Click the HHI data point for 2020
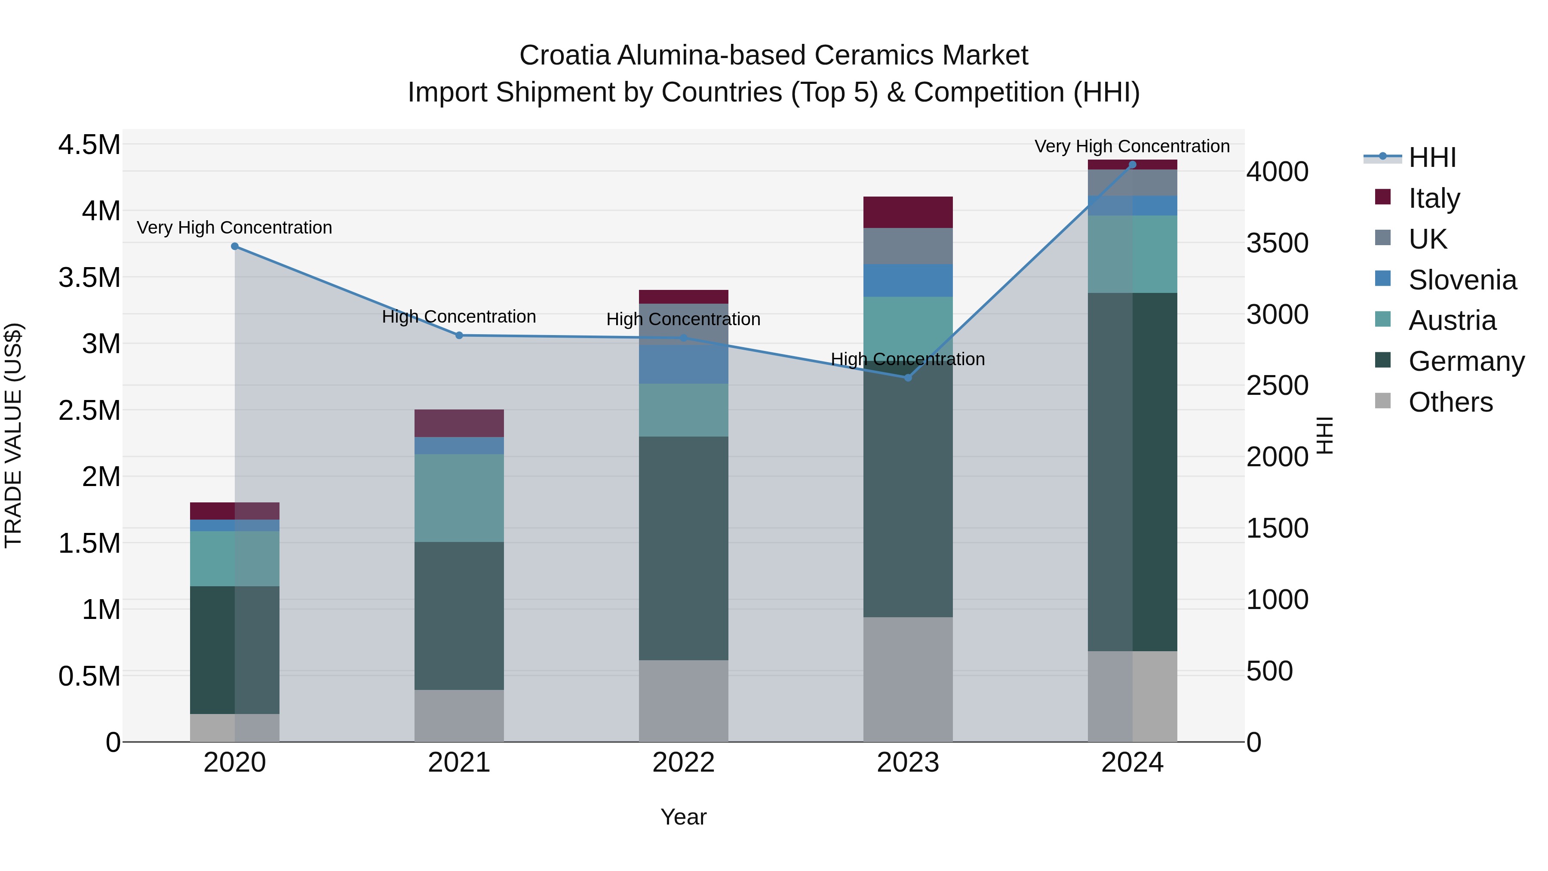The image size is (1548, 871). tap(235, 246)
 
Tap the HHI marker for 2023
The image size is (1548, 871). tap(908, 378)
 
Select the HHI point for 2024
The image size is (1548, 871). tap(1132, 165)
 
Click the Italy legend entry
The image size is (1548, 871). tap(1434, 198)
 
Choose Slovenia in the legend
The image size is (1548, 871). tap(1462, 280)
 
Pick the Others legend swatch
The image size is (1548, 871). tap(1383, 401)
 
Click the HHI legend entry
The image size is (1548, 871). tap(1432, 157)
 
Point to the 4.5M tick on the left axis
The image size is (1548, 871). tap(89, 145)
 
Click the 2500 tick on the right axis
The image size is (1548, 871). tap(1277, 385)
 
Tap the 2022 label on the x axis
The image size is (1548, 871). tap(683, 762)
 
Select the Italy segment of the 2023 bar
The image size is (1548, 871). tap(908, 212)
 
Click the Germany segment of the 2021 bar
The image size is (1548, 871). tap(459, 616)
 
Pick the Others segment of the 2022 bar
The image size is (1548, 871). tap(683, 701)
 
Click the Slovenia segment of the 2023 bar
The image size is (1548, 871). tap(908, 280)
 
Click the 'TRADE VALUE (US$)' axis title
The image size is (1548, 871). tap(13, 435)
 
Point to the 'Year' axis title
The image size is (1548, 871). tap(683, 817)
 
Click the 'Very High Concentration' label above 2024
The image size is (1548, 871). tap(1132, 146)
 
